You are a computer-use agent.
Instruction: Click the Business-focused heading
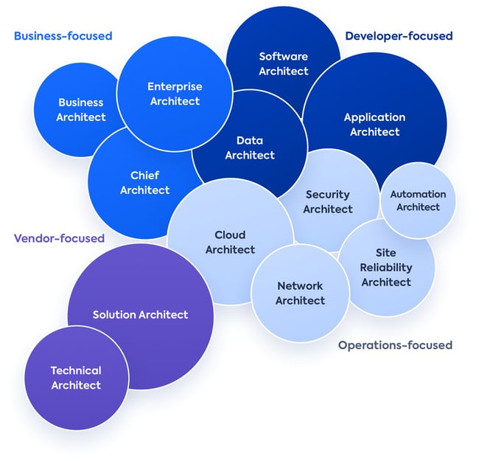click(63, 35)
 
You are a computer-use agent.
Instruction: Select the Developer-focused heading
click(399, 35)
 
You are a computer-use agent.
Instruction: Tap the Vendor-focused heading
click(59, 238)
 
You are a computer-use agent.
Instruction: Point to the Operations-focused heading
click(395, 344)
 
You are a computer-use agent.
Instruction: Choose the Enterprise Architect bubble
click(175, 94)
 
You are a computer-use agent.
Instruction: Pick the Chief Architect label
click(144, 183)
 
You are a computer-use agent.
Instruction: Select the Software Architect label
click(283, 63)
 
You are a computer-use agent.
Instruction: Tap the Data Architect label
click(250, 148)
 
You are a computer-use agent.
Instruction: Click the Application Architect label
click(374, 124)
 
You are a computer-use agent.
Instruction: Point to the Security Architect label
click(328, 201)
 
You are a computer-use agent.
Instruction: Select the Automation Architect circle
click(418, 201)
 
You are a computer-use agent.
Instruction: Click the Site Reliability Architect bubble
click(386, 267)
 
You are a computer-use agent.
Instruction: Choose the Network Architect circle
click(300, 293)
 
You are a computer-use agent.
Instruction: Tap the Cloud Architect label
click(230, 242)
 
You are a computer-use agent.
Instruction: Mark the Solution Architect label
click(140, 315)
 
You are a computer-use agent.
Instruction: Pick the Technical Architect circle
click(76, 378)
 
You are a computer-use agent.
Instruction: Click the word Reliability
click(386, 267)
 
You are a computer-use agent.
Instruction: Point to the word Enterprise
click(175, 86)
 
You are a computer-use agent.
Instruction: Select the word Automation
click(418, 194)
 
